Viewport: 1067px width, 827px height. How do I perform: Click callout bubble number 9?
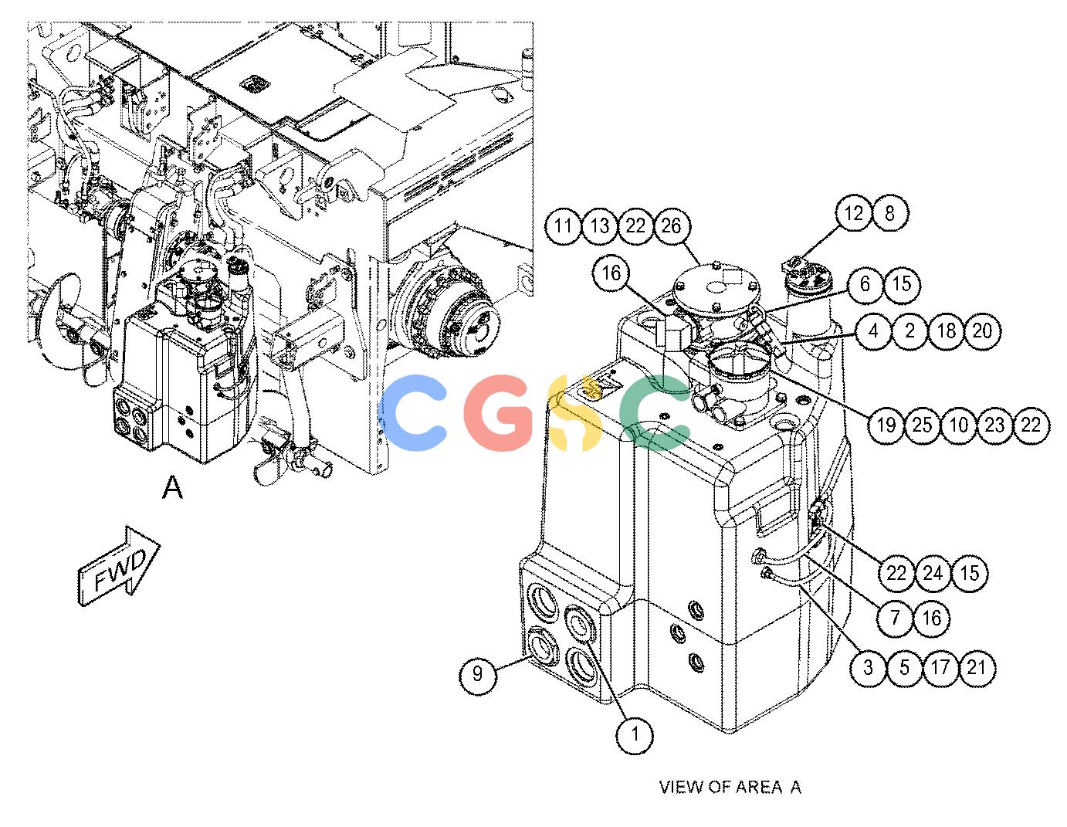[x=477, y=674]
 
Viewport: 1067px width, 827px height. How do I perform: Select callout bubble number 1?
[x=635, y=734]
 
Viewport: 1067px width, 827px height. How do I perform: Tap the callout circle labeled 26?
[x=671, y=226]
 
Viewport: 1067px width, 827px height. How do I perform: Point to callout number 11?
[x=563, y=226]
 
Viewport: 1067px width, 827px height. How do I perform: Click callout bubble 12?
[x=854, y=213]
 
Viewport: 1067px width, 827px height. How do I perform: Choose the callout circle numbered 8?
[x=889, y=213]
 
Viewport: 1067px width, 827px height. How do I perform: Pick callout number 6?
[x=865, y=284]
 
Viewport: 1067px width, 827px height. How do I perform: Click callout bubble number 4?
[x=873, y=331]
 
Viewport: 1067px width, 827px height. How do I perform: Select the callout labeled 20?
[x=982, y=331]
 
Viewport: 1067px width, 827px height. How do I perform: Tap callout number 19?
[x=886, y=425]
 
